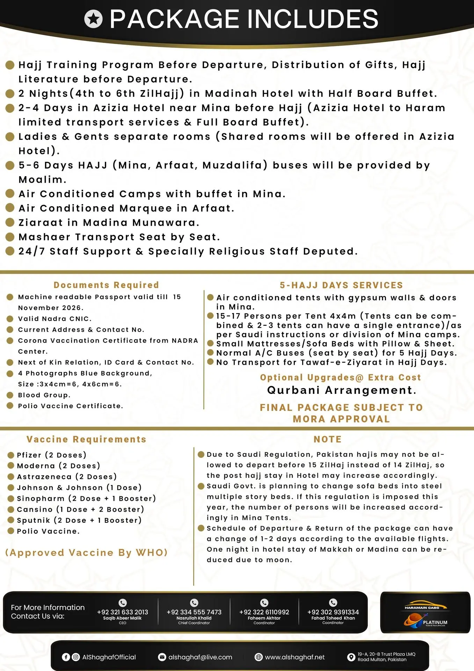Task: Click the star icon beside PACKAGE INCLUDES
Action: pos(93,19)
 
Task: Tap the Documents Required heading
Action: pos(106,285)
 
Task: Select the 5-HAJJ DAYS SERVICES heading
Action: pos(341,285)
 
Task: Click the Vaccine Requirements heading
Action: pos(86,439)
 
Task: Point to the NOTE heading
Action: pos(328,439)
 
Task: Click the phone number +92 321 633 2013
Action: pos(122,612)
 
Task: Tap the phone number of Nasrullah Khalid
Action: pos(194,612)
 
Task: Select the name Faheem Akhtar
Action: pos(264,618)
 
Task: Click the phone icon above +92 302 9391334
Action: pos(333,603)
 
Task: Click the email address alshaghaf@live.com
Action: pos(200,657)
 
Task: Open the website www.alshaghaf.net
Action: pos(294,657)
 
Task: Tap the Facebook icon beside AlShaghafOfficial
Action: pos(66,657)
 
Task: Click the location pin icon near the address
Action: pos(351,657)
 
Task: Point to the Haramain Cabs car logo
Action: pos(425,605)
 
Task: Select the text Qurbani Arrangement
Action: pos(342,390)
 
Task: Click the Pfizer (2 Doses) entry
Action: pos(51,455)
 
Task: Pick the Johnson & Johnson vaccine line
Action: pos(79,488)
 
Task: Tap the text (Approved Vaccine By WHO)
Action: pos(86,553)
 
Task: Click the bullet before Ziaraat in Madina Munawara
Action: pos(10,223)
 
